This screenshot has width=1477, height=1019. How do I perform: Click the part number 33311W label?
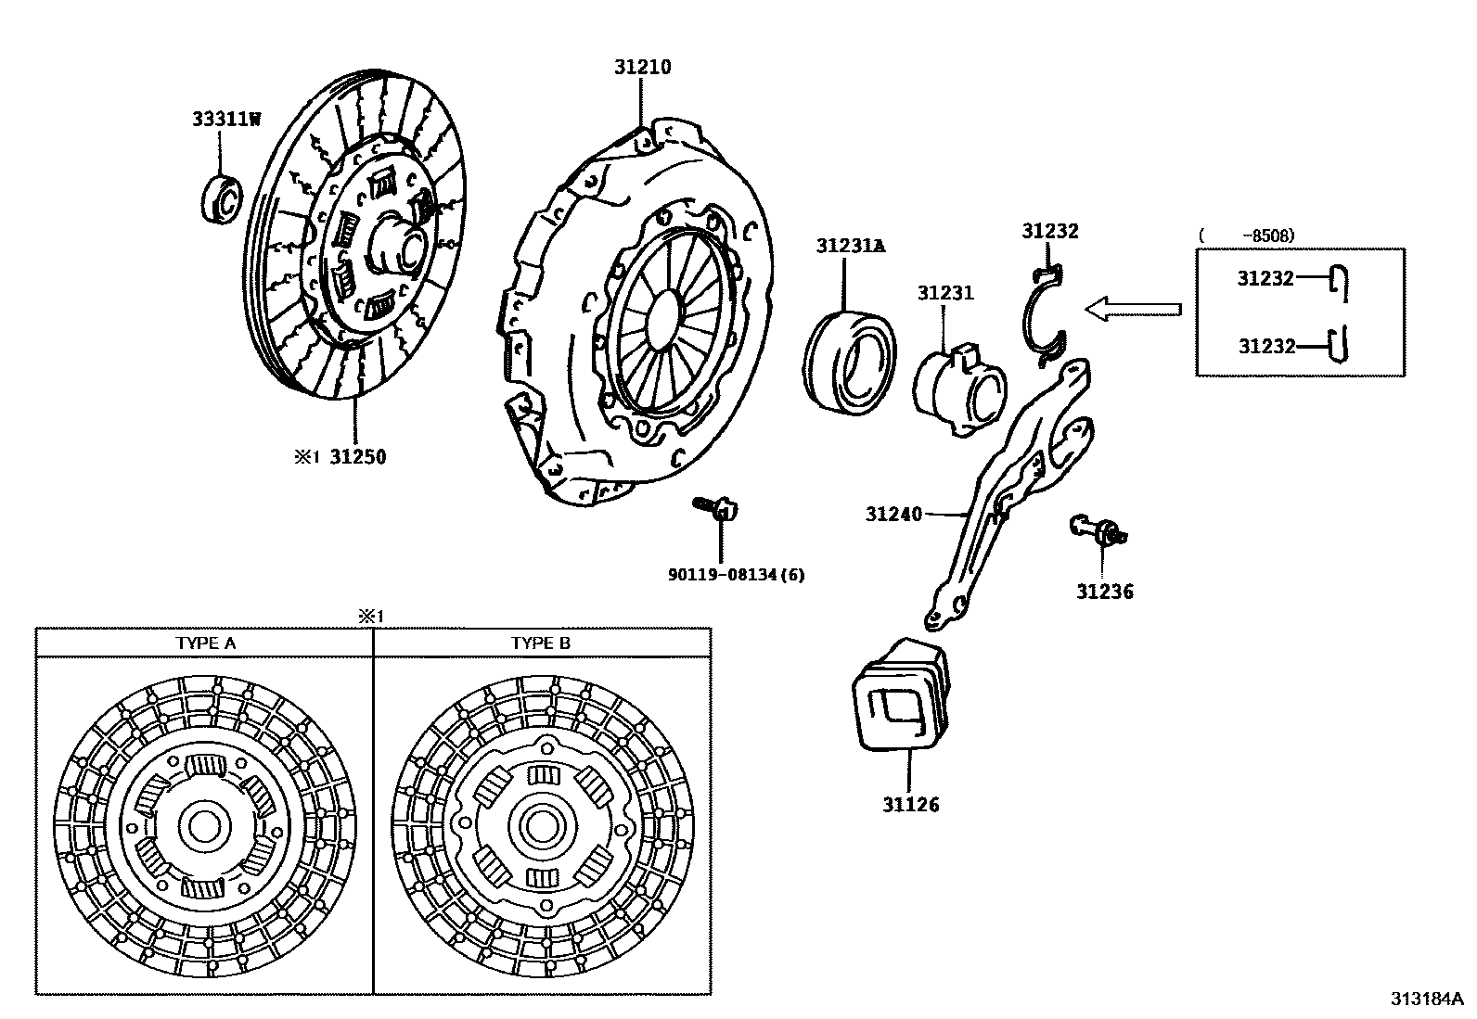pyautogui.click(x=226, y=119)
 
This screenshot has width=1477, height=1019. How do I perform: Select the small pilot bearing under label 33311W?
pyautogui.click(x=221, y=197)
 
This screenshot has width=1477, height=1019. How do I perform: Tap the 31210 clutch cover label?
pyautogui.click(x=641, y=67)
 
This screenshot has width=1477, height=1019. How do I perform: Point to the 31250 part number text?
pyautogui.click(x=358, y=456)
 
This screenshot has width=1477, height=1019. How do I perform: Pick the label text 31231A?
pyautogui.click(x=851, y=246)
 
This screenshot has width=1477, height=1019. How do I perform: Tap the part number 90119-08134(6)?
pyautogui.click(x=737, y=575)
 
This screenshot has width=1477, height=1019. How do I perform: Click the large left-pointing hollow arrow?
pyautogui.click(x=1133, y=309)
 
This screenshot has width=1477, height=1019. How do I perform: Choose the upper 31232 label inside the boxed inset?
pyautogui.click(x=1265, y=278)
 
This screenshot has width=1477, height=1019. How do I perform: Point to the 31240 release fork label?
pyautogui.click(x=893, y=513)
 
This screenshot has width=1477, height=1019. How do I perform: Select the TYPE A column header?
pyautogui.click(x=205, y=643)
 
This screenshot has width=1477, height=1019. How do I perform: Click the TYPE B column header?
pyautogui.click(x=541, y=643)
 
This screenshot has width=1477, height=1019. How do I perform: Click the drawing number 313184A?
pyautogui.click(x=1426, y=999)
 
